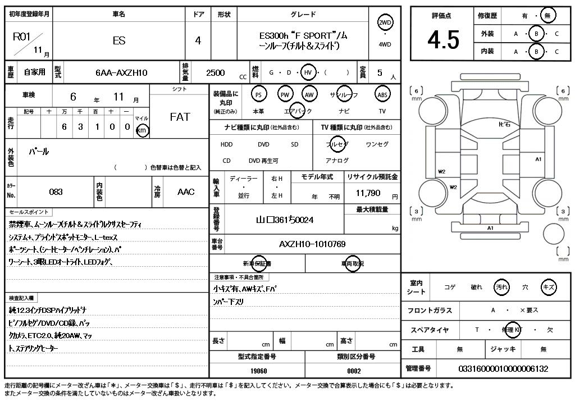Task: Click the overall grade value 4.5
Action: (443, 40)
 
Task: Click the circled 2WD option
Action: (385, 22)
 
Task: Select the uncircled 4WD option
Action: (385, 44)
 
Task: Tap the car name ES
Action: (119, 40)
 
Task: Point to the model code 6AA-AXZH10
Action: (121, 72)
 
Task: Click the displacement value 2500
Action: (216, 72)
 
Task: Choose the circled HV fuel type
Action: (308, 72)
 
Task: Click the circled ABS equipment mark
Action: (382, 94)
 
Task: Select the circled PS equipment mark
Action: (258, 94)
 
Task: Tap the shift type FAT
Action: (180, 117)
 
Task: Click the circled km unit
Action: (143, 130)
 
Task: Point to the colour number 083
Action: (56, 192)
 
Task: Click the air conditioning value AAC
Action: (186, 192)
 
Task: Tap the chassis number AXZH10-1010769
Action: (312, 244)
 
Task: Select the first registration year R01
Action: (21, 37)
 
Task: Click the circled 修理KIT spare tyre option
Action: (511, 330)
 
